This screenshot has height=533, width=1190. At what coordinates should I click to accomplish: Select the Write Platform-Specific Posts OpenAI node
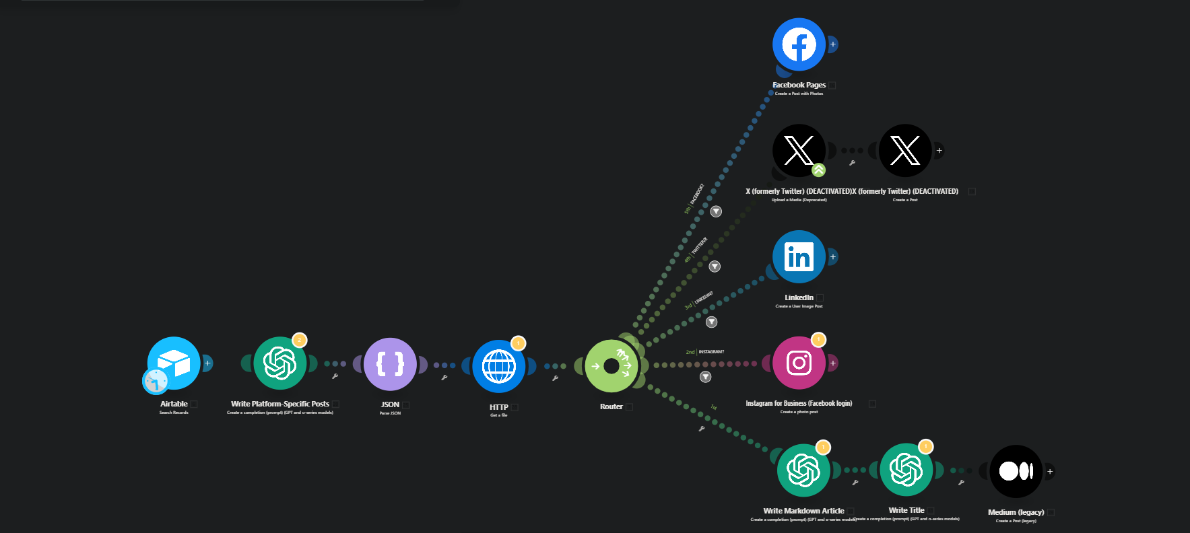(280, 363)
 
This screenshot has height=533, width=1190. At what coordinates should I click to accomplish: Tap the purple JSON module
(390, 364)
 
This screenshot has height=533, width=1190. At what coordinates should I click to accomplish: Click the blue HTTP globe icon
(499, 366)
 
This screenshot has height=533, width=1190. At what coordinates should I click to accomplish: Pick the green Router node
(611, 366)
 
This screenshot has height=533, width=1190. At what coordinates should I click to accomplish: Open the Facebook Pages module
(799, 44)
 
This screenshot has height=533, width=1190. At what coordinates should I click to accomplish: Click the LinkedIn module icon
(799, 257)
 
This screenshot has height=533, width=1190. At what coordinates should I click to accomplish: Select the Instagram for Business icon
(799, 363)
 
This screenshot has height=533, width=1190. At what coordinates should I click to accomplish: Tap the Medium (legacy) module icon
(1016, 471)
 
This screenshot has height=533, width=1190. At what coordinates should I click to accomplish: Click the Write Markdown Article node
(803, 470)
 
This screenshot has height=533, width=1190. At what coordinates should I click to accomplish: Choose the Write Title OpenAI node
(906, 470)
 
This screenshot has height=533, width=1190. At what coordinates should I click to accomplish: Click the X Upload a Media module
(799, 151)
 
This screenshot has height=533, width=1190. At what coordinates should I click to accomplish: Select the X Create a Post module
(905, 151)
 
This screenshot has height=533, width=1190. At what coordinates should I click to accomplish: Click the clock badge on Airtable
(156, 381)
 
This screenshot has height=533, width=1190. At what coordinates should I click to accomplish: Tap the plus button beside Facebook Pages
(833, 44)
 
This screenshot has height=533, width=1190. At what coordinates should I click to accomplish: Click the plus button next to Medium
(1050, 471)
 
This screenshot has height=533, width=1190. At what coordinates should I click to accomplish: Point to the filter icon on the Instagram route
(705, 377)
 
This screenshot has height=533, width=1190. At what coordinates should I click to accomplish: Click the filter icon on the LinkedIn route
(711, 322)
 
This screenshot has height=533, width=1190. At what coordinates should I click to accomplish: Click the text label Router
(611, 406)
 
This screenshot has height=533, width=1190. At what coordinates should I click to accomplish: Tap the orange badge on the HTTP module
(518, 343)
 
